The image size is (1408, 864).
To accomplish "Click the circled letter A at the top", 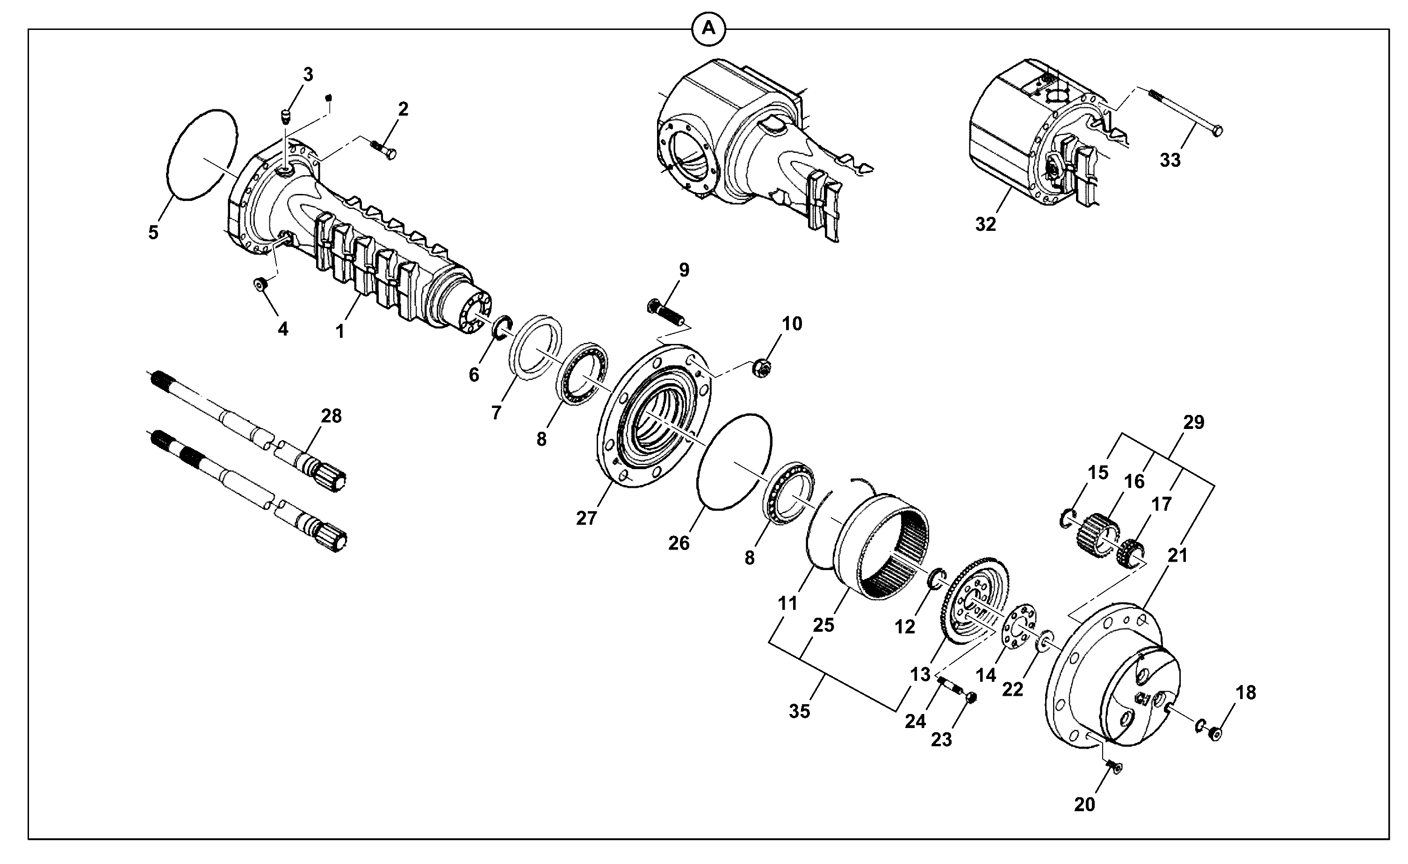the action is tap(708, 28).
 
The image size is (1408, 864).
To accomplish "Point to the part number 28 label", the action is tap(331, 416).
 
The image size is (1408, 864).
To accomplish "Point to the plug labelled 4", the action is tap(260, 284).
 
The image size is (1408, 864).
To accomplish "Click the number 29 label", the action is tap(1194, 422).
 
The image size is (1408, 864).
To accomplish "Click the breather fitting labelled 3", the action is tap(286, 117).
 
